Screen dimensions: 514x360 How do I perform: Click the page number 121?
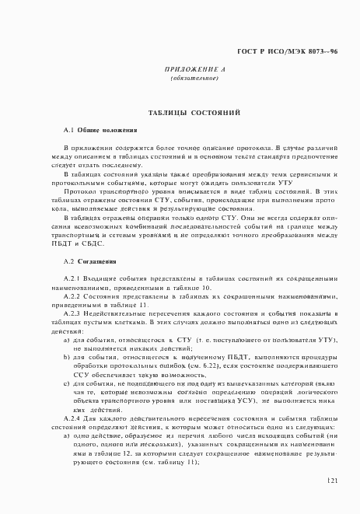[331, 481]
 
